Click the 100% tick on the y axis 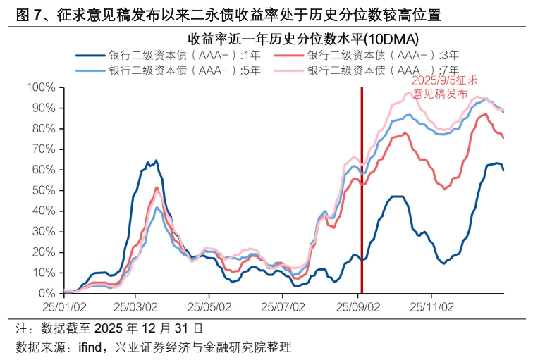(42, 87)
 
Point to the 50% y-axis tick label (44, 190)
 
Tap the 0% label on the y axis (47, 293)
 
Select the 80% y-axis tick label (44, 128)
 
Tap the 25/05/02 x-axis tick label (209, 307)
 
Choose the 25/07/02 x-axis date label (283, 307)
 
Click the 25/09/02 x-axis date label (357, 307)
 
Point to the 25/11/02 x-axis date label (431, 307)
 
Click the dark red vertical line (362, 211)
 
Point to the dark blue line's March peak (156, 161)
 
